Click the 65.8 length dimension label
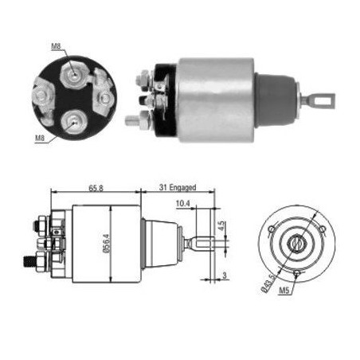coord(96,188)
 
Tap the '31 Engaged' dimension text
coord(178,187)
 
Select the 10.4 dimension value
coord(183,203)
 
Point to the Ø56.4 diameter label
coord(107,244)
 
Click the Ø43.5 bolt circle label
coord(268,284)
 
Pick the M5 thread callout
coord(284,291)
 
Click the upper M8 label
coord(56,46)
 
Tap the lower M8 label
coord(40,138)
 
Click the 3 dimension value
coord(225,276)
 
